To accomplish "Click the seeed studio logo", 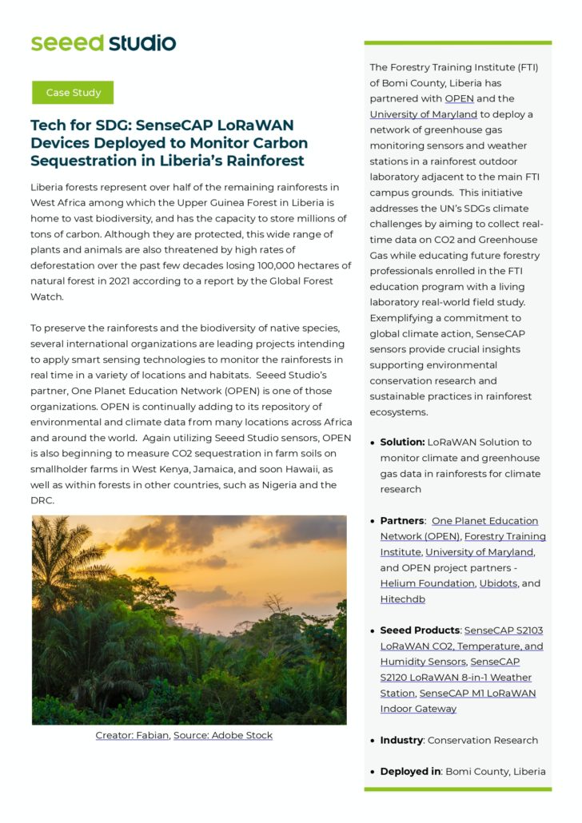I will click(x=103, y=42).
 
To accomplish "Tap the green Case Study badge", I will click(x=73, y=93).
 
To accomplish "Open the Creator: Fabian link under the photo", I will click(x=132, y=735).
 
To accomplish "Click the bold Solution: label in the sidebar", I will click(x=402, y=442).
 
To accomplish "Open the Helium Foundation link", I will click(x=428, y=583).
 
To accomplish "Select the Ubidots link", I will click(x=499, y=583).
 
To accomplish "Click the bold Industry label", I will click(x=401, y=741).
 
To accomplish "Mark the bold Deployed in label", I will click(x=410, y=772).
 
